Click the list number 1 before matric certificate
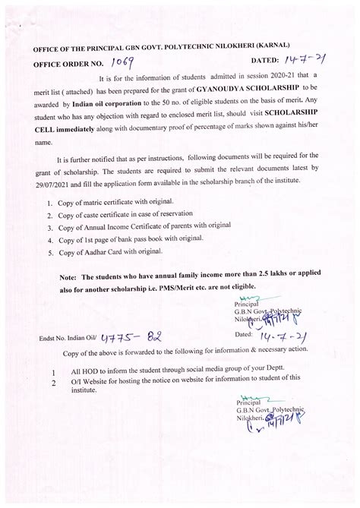point(49,204)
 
